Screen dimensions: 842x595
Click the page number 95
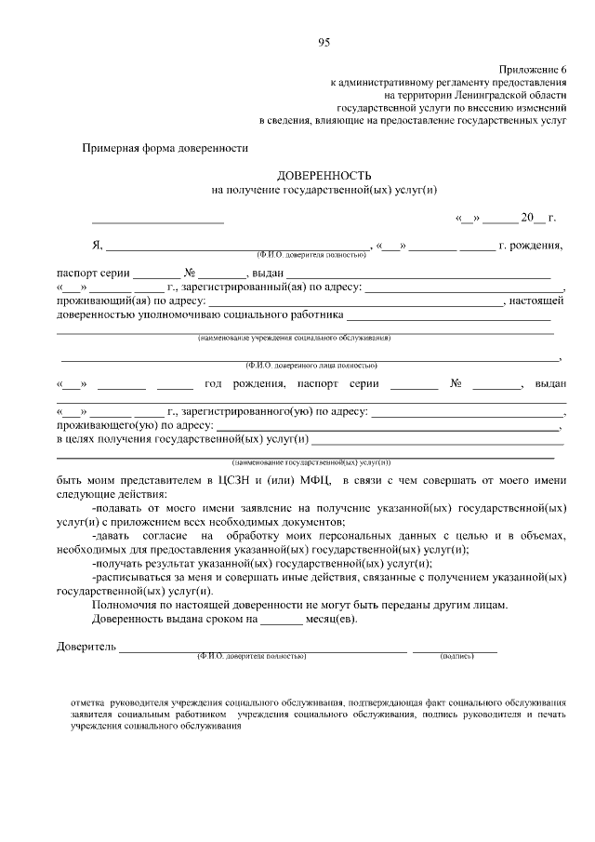pyautogui.click(x=324, y=42)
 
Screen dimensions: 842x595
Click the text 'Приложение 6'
pyautogui.click(x=533, y=70)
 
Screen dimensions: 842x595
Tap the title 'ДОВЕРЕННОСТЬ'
pyautogui.click(x=324, y=175)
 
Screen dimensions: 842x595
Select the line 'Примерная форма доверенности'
pyautogui.click(x=165, y=147)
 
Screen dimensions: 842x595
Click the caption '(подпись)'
pyautogui.click(x=456, y=656)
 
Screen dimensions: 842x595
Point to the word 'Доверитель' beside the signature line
pyautogui.click(x=86, y=647)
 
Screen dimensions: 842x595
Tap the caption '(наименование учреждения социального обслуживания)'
pyautogui.click(x=294, y=337)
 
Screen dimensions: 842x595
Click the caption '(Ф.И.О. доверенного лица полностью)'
pyautogui.click(x=311, y=366)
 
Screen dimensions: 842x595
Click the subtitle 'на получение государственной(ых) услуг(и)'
pyautogui.click(x=324, y=190)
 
